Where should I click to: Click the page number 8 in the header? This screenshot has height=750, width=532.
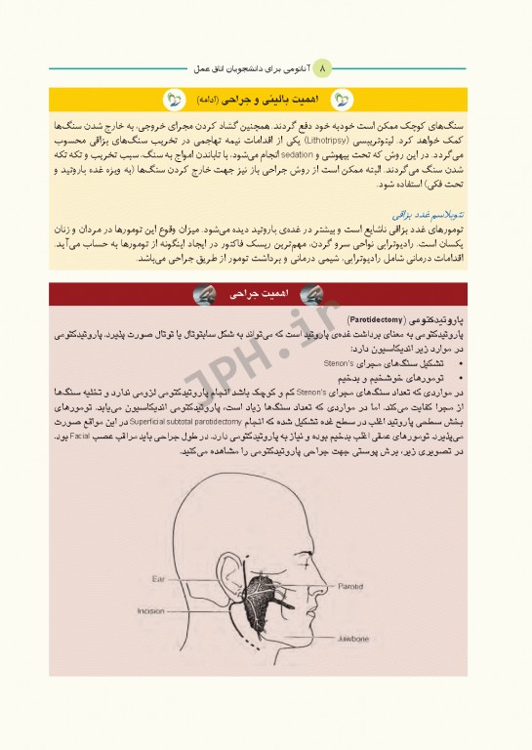point(325,67)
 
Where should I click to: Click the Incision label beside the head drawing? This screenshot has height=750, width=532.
point(150,611)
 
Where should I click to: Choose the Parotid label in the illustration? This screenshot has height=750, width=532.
point(351,589)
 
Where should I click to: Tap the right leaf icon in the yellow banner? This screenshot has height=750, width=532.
point(343,100)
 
